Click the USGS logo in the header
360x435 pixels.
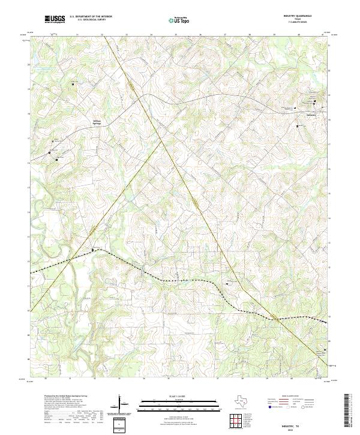coord(55,19)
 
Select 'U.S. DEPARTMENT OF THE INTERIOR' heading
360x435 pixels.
coord(91,17)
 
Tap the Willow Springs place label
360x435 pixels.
coord(97,122)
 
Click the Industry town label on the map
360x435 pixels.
coord(310,115)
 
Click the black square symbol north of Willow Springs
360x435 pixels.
coord(73,85)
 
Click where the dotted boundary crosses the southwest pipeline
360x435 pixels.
coord(70,260)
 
